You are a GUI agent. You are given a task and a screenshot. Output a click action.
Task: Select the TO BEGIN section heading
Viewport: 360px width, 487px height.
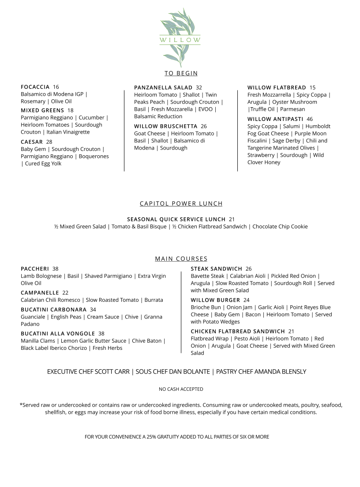[x=181, y=73]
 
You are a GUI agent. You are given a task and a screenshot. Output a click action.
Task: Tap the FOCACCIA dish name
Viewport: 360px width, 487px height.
[x=35, y=87]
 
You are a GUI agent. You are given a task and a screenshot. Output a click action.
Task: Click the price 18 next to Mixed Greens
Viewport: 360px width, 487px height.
[x=71, y=110]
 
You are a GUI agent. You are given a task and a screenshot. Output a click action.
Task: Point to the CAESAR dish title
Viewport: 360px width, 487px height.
[x=32, y=142]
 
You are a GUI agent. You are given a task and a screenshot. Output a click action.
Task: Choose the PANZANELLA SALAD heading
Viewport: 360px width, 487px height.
[x=163, y=88]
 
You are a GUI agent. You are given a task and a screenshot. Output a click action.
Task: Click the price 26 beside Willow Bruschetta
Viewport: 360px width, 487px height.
[x=204, y=127]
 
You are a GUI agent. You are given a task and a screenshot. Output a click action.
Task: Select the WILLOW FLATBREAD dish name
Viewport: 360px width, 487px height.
[x=277, y=88]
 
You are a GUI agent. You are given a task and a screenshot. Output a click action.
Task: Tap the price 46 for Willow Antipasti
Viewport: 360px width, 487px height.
[x=310, y=119]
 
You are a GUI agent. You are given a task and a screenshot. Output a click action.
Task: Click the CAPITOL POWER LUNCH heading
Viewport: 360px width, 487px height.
[x=181, y=204]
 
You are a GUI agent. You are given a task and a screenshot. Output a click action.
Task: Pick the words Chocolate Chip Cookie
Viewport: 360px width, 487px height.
[x=280, y=227]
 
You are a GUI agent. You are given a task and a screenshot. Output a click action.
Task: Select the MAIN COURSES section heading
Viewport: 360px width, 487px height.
[x=181, y=259]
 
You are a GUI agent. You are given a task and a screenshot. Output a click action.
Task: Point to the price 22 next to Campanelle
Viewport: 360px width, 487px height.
[x=65, y=293]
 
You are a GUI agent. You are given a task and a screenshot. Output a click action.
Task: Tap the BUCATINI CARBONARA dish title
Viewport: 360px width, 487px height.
[x=53, y=310]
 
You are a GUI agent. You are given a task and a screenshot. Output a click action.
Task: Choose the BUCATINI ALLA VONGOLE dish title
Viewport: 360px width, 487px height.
[x=58, y=333]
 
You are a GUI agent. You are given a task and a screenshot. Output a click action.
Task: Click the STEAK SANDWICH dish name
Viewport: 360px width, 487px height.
[x=216, y=269]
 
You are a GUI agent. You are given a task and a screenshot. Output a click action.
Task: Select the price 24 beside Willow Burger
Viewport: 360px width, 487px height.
[x=247, y=300]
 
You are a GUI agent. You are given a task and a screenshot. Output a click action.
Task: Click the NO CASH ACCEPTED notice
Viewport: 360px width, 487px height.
[x=181, y=389]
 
